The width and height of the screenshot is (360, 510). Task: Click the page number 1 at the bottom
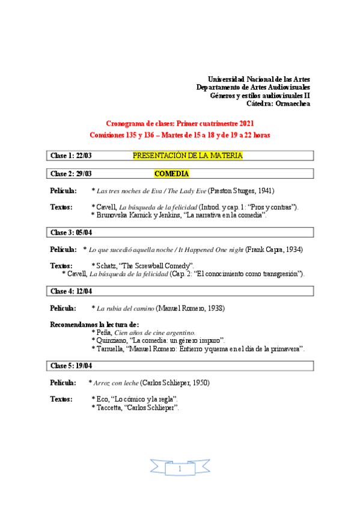[180, 468]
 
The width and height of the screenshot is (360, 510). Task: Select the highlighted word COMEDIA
[171, 174]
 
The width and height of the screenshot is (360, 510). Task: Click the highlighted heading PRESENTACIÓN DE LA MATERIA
[188, 156]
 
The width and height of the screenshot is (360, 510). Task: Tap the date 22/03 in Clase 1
[84, 156]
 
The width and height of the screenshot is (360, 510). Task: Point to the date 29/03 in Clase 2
[84, 174]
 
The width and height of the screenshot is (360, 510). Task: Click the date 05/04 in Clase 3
[84, 232]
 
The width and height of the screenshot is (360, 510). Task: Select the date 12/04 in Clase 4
[84, 290]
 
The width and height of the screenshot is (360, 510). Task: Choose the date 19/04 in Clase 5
[84, 365]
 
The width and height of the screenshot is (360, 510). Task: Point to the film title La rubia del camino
[125, 308]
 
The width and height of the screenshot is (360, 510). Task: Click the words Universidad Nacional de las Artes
[258, 79]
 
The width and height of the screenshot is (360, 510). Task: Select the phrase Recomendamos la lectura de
[94, 325]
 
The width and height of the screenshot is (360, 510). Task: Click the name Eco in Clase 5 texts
[102, 399]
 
